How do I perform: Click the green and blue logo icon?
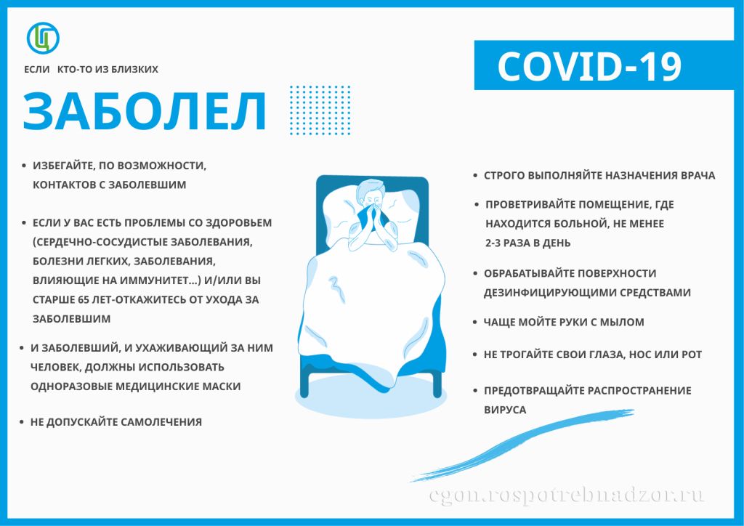point(43,37)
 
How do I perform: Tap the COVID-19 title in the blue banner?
point(589,67)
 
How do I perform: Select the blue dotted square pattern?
point(320,110)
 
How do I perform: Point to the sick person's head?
point(371,195)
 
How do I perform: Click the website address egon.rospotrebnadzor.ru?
point(567,496)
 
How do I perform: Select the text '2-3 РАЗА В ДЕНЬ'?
point(528,243)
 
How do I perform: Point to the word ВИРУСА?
point(505,410)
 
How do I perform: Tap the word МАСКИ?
point(224,387)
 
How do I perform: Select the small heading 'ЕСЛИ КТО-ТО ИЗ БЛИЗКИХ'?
point(91,70)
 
